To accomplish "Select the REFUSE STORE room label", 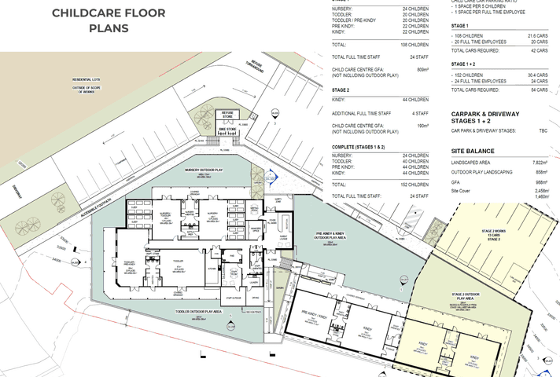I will coord(227,115).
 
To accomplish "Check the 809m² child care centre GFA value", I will coord(422,70).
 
